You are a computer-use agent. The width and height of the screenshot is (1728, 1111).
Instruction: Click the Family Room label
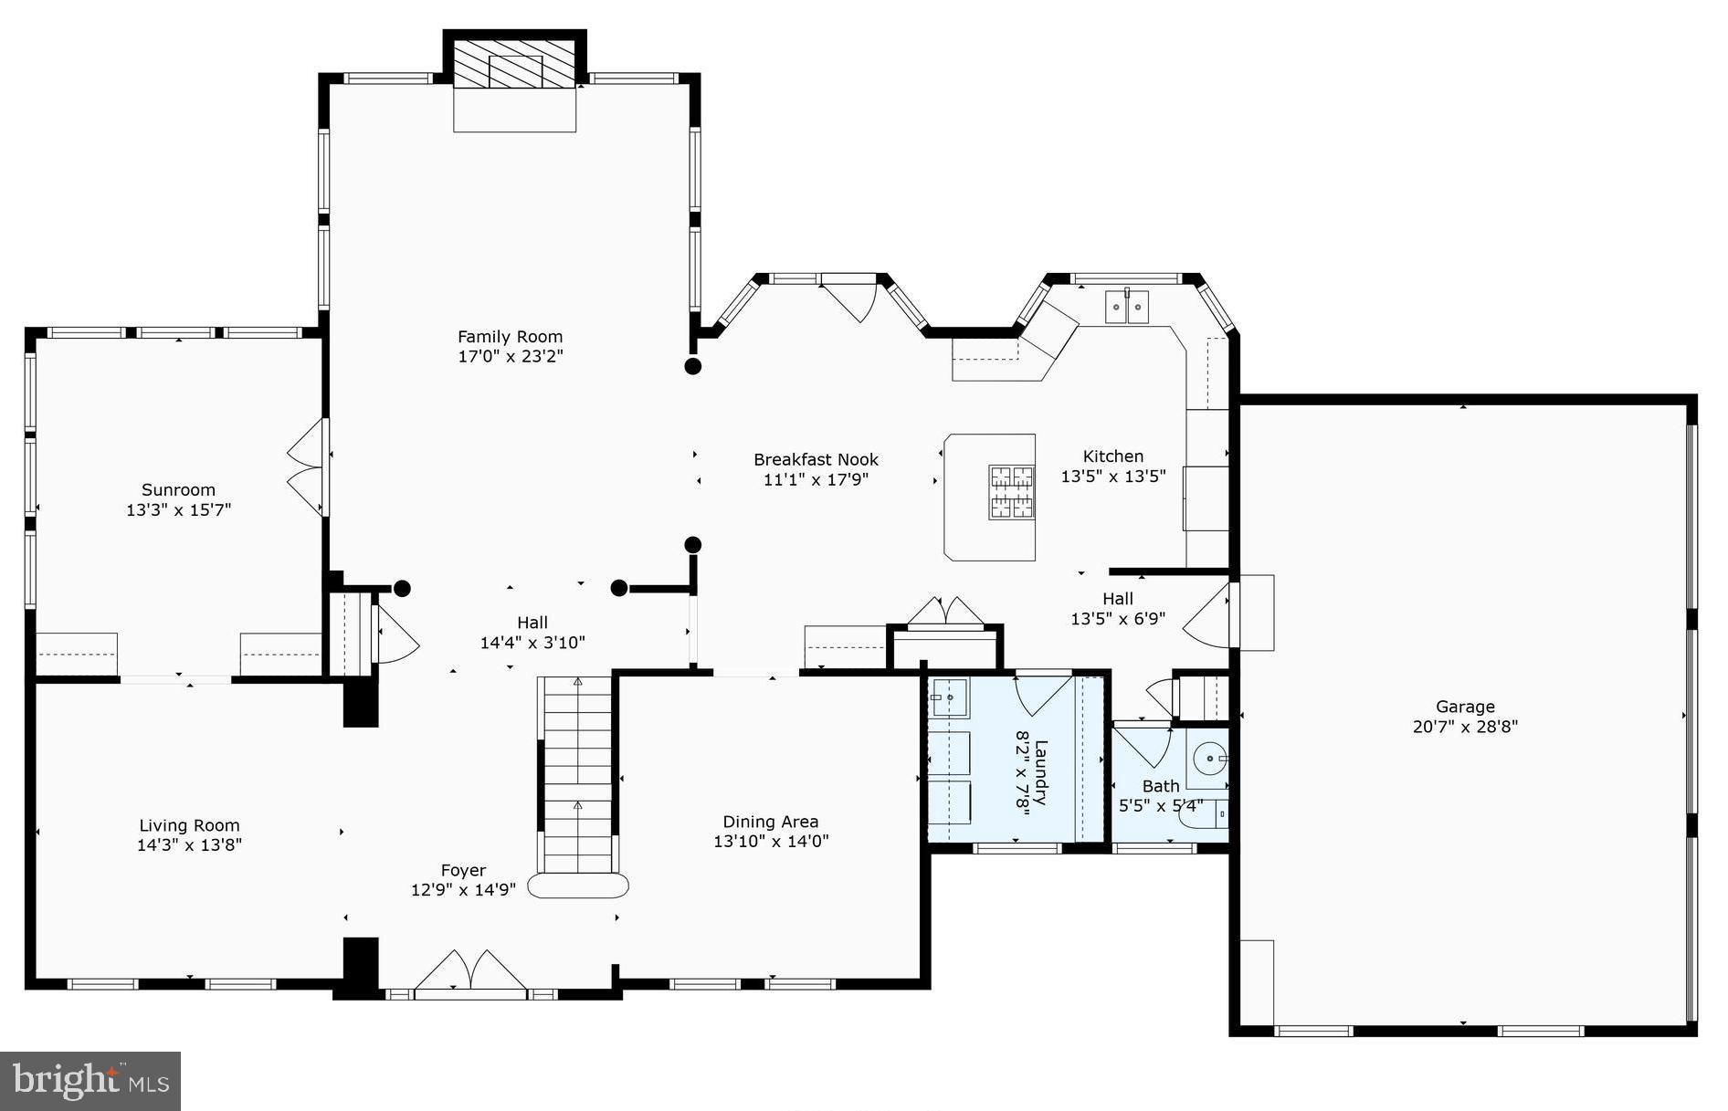pyautogui.click(x=510, y=337)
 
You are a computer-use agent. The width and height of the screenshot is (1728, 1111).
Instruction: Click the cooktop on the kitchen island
pyautogui.click(x=1011, y=492)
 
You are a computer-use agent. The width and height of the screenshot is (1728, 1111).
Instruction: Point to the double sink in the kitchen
pyautogui.click(x=1127, y=307)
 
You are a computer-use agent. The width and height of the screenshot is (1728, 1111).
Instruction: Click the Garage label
pyautogui.click(x=1465, y=707)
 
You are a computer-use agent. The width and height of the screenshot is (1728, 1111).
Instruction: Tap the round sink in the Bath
pyautogui.click(x=1210, y=758)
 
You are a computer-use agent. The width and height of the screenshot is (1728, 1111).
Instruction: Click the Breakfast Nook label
pyautogui.click(x=816, y=460)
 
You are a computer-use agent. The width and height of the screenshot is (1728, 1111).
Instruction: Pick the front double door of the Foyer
pyautogui.click(x=471, y=971)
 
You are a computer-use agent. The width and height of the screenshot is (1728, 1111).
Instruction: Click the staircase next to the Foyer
pyautogui.click(x=577, y=776)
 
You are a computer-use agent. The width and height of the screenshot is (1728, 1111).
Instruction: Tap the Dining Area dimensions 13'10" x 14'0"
pyautogui.click(x=771, y=842)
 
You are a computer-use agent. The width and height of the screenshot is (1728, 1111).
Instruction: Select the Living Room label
pyautogui.click(x=189, y=825)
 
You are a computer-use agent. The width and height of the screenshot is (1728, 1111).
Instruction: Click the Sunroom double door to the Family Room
pyautogui.click(x=308, y=467)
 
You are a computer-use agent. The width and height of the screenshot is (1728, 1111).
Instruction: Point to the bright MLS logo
pyautogui.click(x=90, y=1081)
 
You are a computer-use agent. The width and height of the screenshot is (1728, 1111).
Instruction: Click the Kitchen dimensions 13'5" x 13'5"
pyautogui.click(x=1112, y=477)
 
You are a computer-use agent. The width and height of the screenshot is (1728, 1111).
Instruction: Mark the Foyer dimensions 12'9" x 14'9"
pyautogui.click(x=463, y=890)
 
